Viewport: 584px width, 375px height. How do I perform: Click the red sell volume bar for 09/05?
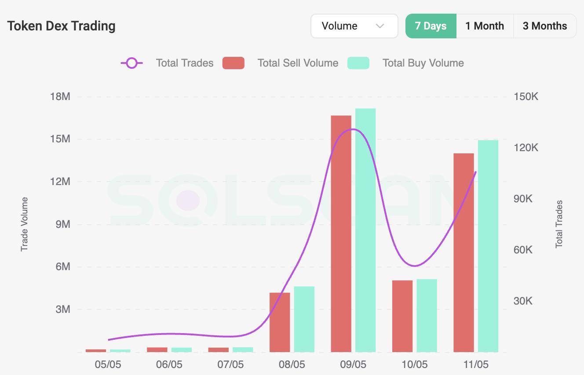341,234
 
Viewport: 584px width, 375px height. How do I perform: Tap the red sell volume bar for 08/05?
280,322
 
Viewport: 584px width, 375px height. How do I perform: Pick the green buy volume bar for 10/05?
427,316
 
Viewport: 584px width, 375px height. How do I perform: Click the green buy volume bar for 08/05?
304,319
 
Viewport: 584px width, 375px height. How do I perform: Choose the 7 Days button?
431,26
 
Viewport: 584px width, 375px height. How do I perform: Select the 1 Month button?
485,26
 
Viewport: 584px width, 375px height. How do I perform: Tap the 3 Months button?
545,26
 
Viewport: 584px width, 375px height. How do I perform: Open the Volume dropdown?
354,26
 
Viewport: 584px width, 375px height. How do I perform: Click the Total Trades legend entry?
167,63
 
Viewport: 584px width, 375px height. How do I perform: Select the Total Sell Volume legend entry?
281,63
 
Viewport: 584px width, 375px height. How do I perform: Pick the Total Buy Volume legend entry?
405,63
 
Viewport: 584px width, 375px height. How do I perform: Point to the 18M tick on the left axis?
60,97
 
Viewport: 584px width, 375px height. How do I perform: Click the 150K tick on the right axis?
526,97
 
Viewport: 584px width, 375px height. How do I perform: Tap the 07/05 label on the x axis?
230,364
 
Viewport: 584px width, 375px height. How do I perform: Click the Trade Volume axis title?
25,224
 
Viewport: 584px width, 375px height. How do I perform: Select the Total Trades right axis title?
559,224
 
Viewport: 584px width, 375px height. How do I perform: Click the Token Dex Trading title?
61,26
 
